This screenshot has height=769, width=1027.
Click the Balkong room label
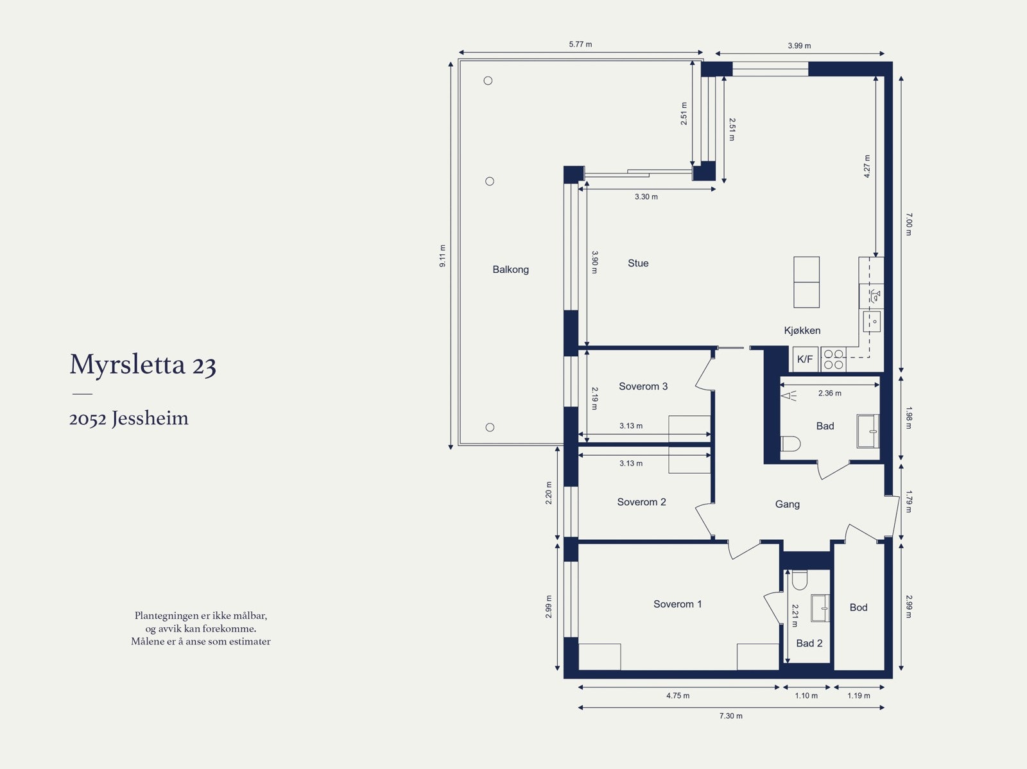[510, 270]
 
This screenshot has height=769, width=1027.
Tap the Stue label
[638, 263]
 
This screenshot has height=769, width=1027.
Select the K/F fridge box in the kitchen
[805, 359]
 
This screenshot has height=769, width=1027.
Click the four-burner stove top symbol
[833, 359]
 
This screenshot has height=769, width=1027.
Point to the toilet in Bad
[790, 444]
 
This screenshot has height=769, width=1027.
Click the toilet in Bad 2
[800, 580]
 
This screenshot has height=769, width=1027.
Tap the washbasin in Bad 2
[820, 608]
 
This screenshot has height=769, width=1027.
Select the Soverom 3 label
[643, 386]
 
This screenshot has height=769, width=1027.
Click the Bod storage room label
[859, 607]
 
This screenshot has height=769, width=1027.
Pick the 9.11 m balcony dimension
[443, 256]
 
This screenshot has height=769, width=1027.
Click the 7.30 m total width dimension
[731, 716]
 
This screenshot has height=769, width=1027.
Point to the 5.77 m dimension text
[580, 44]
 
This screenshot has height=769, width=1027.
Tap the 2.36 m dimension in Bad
[829, 393]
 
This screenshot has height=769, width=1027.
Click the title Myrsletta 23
[142, 365]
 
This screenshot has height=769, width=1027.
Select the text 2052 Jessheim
[128, 418]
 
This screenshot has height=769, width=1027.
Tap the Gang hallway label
[788, 505]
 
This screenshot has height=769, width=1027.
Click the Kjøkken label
[802, 331]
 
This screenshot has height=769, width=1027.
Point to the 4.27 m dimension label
[867, 166]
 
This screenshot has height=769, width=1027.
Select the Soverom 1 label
[677, 604]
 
